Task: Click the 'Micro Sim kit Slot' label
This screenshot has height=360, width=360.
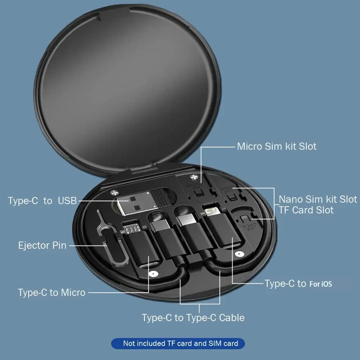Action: click(276, 147)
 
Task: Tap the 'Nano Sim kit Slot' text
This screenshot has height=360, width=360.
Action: click(318, 199)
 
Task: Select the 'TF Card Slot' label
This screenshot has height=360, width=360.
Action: click(306, 210)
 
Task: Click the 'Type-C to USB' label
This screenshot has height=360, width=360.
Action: click(42, 201)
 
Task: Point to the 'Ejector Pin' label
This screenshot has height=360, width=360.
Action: click(42, 246)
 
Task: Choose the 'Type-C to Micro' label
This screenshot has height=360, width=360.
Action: click(51, 292)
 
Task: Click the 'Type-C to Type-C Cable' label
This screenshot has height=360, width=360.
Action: click(193, 318)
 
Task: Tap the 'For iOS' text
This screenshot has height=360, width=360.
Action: click(320, 284)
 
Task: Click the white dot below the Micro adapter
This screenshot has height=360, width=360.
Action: click(154, 274)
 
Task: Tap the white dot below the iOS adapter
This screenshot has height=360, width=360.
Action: click(237, 254)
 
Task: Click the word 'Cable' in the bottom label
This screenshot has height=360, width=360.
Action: click(231, 318)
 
